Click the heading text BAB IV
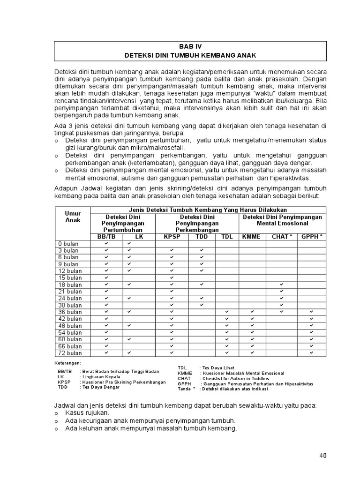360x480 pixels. pos(190,46)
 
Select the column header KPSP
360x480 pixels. pos(172,237)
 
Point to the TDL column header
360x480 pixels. pos(227,237)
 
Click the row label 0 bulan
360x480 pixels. pos(68,244)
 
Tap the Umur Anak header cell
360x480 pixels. pos(73,217)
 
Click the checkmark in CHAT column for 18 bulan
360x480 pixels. pos(282,285)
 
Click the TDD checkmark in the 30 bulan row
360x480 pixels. pos(202,305)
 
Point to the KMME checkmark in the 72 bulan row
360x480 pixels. pos(252,353)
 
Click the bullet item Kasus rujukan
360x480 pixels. pos(87,413)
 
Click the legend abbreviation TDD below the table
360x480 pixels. pos(63,388)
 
